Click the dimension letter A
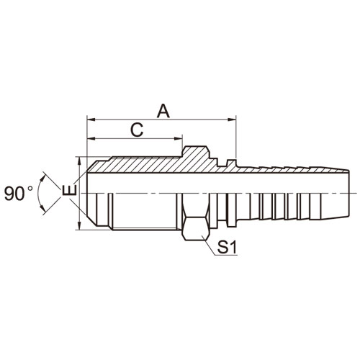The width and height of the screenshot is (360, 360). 163,111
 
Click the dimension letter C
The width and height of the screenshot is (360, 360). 137,130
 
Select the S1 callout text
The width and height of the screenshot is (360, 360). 227,248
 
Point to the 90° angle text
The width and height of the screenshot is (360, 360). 19,194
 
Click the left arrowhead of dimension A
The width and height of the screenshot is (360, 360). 91,119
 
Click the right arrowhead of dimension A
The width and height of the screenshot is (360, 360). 232,119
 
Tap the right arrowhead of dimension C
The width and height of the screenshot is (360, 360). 179,138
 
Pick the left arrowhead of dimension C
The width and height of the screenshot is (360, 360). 91,138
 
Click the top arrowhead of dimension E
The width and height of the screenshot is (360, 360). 79,161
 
